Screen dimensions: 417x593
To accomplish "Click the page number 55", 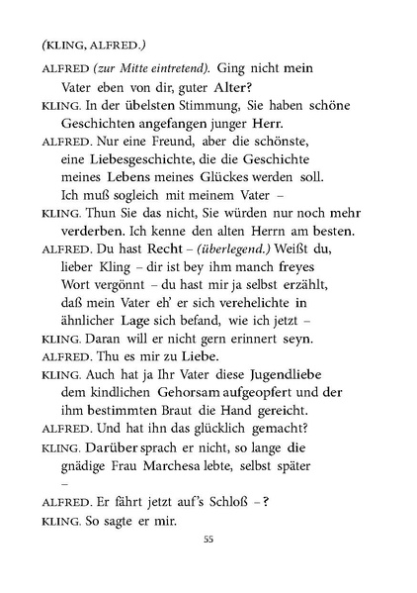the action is click(x=208, y=566).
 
